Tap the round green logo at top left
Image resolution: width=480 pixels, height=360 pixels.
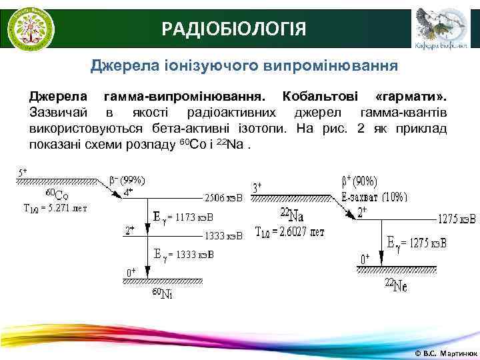(31, 27)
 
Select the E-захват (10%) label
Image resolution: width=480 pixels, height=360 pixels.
(373, 197)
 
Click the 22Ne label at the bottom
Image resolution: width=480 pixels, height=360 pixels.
(395, 285)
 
